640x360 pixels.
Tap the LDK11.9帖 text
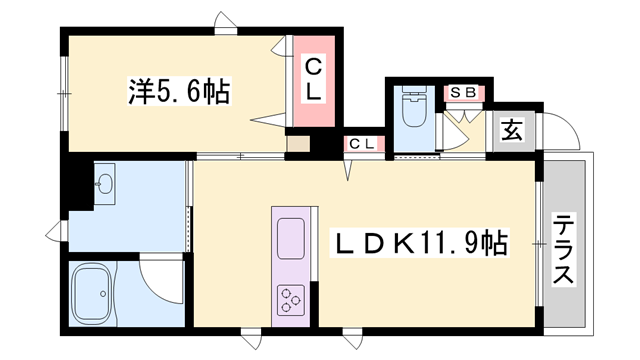[418, 242]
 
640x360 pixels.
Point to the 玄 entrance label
[511, 130]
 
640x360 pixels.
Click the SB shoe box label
[463, 93]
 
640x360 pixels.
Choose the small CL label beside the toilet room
[362, 144]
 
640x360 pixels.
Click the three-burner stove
[292, 298]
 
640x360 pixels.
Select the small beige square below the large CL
[298, 142]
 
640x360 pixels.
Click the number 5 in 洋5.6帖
[157, 93]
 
